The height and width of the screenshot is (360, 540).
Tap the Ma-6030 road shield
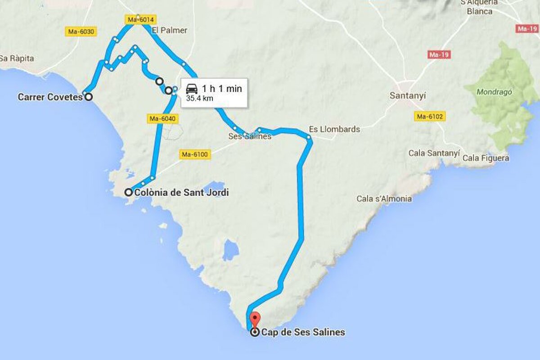tap(81, 31)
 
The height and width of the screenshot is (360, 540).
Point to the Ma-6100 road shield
tap(195, 154)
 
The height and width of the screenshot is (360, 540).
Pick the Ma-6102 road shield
tap(430, 117)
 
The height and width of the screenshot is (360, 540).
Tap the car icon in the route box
tap(192, 88)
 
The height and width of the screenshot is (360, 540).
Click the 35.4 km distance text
tap(199, 99)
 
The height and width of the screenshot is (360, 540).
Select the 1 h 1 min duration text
tap(222, 88)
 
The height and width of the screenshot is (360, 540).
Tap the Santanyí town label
tap(408, 96)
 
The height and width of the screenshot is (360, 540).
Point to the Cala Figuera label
tap(486, 158)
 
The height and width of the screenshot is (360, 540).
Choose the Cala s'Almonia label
tap(384, 198)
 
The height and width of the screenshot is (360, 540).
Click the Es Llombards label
tap(334, 129)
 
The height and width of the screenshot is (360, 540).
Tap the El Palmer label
tap(169, 31)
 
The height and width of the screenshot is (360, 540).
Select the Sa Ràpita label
tap(17, 58)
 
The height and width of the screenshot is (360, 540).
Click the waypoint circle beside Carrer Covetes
tap(88, 96)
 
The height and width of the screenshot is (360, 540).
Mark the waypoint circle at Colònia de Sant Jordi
tap(128, 193)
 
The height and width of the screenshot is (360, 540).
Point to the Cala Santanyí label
tap(434, 153)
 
